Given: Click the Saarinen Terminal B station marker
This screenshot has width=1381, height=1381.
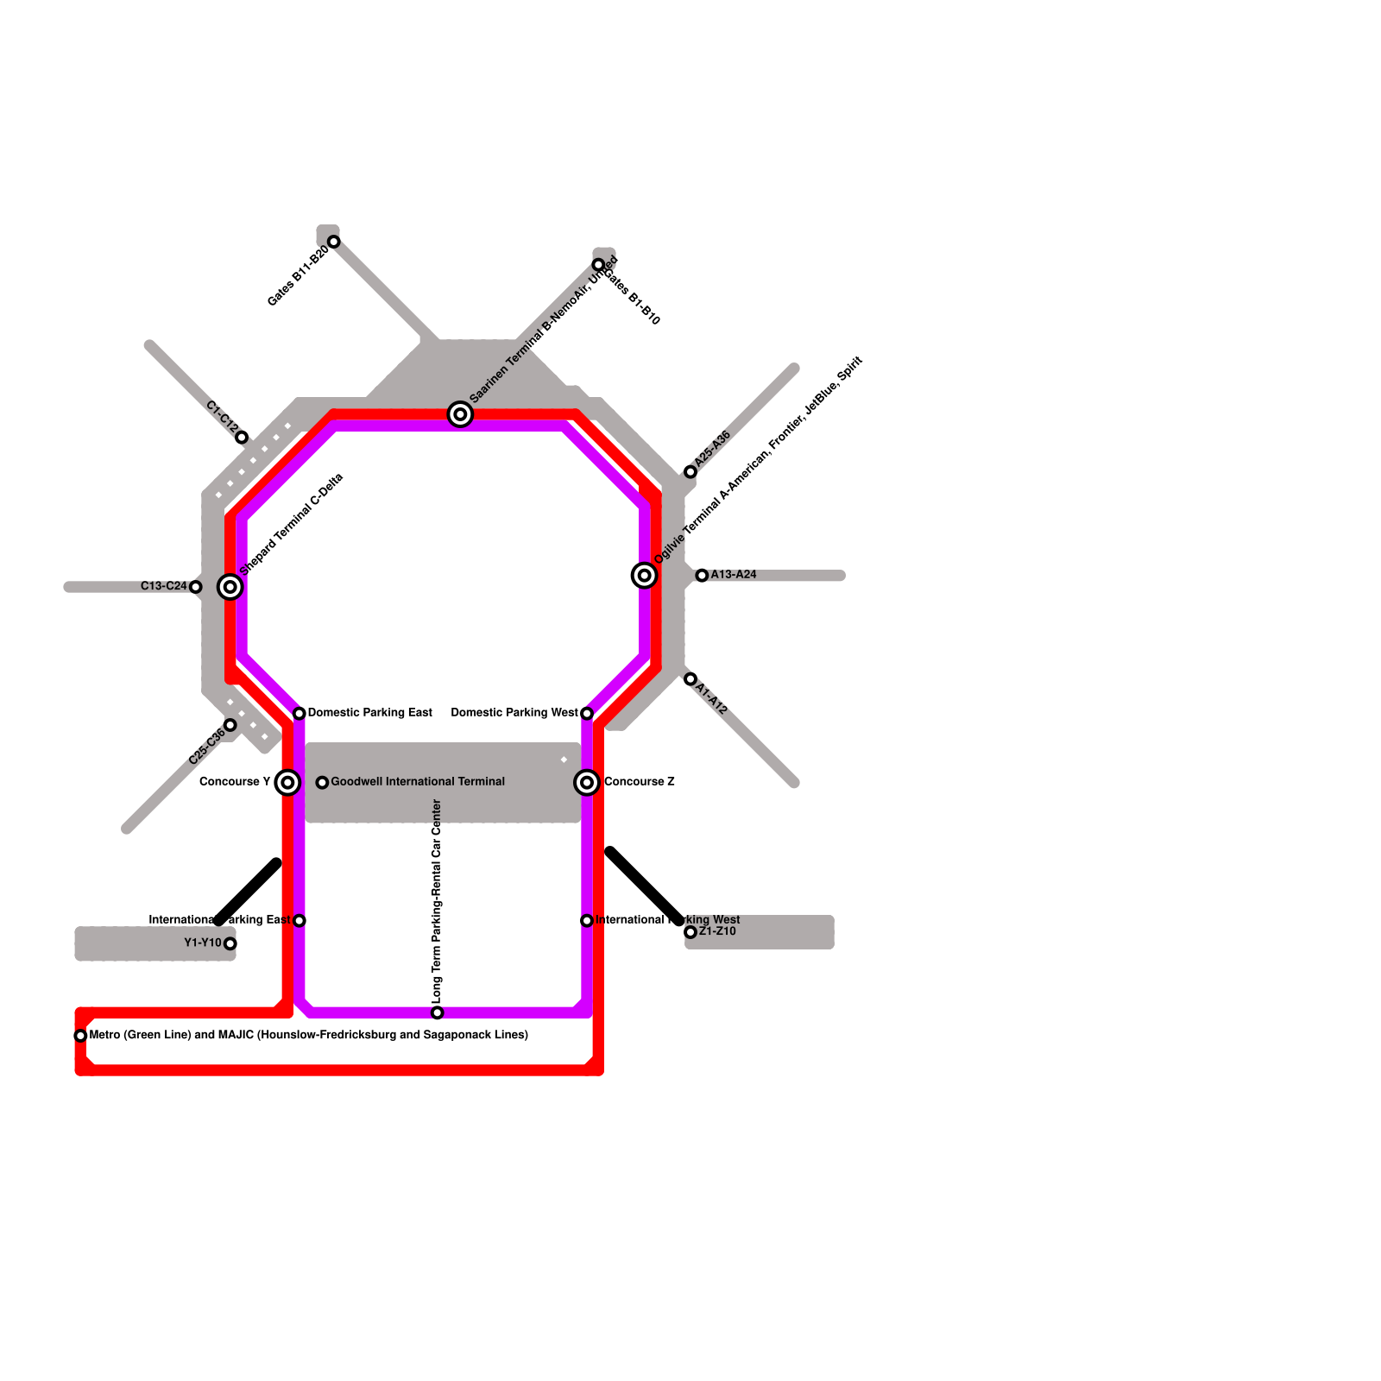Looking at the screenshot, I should tap(460, 415).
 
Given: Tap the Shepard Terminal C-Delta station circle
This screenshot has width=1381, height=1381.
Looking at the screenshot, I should tap(230, 588).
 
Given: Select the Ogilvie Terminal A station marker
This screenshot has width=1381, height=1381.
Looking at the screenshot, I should tap(644, 576).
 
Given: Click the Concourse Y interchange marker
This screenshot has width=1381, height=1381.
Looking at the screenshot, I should tap(287, 783).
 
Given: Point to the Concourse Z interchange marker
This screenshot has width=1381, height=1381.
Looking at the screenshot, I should tap(587, 783).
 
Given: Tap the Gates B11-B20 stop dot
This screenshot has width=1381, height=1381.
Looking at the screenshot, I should tap(333, 242).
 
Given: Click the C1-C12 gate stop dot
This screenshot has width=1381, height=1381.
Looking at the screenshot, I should tap(242, 438).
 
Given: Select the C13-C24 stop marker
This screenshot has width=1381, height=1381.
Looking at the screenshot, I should tap(195, 588).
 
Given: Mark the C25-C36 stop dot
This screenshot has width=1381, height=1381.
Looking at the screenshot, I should tap(230, 725).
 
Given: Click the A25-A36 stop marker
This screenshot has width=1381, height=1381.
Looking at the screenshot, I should tap(690, 472).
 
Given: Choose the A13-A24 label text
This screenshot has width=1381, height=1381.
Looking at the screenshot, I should tap(734, 575).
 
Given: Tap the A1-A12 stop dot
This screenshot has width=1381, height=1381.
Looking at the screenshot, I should tap(690, 679).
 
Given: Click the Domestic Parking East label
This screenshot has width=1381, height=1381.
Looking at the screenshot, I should tap(369, 713).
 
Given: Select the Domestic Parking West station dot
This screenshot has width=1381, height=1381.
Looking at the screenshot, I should tap(587, 714).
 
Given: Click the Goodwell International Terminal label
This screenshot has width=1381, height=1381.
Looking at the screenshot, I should tap(418, 782).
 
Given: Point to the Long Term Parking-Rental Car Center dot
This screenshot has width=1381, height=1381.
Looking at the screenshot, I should tap(437, 1012).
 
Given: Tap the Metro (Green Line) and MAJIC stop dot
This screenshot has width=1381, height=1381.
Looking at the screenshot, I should tap(80, 1036).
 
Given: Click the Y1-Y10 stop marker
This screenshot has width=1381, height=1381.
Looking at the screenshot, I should tap(230, 943).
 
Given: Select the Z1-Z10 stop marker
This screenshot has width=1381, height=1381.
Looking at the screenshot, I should tap(690, 932).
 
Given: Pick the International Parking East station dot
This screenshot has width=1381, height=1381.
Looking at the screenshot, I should tap(299, 921).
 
